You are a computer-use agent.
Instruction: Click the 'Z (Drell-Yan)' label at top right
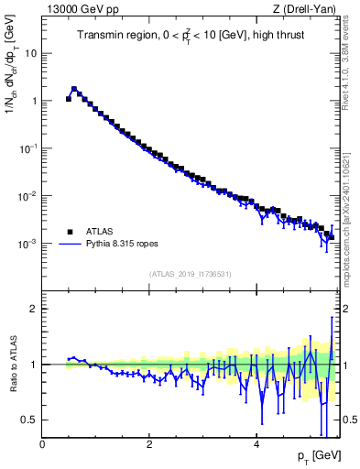coord(304,9)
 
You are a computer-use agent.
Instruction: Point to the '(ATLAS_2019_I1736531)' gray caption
coord(191,274)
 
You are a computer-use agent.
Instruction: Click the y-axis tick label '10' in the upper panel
coord(30,53)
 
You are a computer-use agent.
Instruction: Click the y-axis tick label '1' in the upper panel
coord(33,101)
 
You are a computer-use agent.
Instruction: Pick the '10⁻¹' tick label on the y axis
coord(28,148)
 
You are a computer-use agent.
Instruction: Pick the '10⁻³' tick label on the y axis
coord(28,244)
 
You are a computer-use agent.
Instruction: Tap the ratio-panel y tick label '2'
coord(34,309)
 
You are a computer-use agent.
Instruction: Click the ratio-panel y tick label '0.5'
coord(30,420)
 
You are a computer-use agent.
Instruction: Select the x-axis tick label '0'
coord(42,442)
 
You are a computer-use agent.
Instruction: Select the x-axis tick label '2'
coord(149,442)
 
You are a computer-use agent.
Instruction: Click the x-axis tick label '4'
coord(256,442)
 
